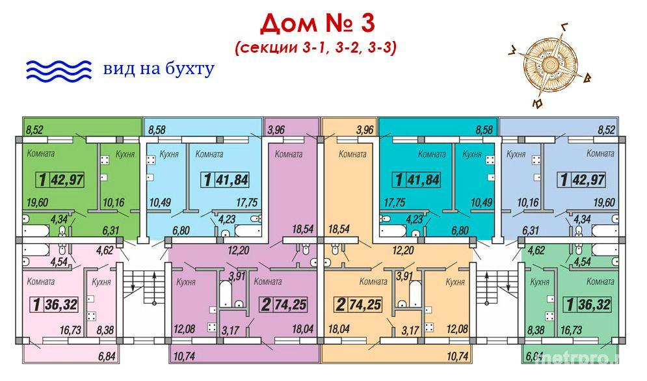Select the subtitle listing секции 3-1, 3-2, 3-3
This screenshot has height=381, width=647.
315,47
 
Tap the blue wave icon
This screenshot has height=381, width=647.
59,70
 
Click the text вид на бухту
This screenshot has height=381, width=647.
159,68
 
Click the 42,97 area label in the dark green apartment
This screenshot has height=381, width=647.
67,180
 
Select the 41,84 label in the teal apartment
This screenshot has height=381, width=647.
423,180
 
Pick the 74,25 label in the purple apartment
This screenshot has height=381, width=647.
291,305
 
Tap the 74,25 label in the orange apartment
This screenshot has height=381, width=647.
365,305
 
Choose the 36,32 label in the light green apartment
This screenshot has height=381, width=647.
594,305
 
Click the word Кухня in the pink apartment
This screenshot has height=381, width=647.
101,282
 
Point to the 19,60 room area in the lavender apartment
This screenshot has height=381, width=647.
603,203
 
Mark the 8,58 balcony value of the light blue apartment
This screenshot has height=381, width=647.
157,129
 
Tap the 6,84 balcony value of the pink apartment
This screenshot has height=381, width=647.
107,356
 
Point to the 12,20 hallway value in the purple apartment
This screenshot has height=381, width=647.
239,250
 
